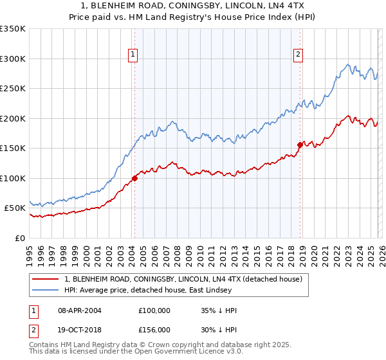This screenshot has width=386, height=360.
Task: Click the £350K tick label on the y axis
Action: pos(13,29)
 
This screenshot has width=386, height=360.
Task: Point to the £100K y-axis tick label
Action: pos(13,178)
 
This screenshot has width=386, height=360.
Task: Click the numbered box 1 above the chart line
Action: pos(133,55)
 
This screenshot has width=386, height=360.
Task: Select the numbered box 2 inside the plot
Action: pos(299,55)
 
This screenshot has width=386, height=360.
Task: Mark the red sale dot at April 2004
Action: pos(134,178)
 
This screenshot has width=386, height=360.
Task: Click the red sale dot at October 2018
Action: pos(300,145)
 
